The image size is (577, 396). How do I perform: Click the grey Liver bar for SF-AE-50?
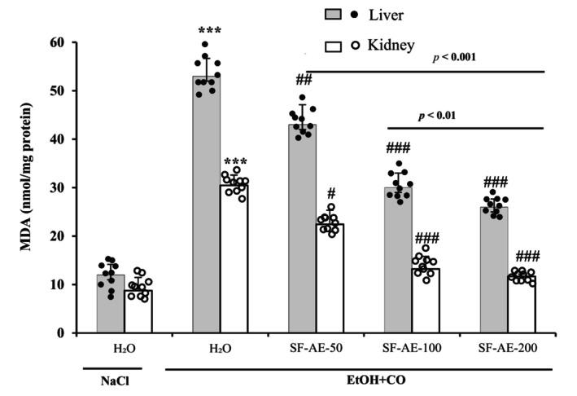[303, 228]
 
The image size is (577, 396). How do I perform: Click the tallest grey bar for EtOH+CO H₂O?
[207, 204]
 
